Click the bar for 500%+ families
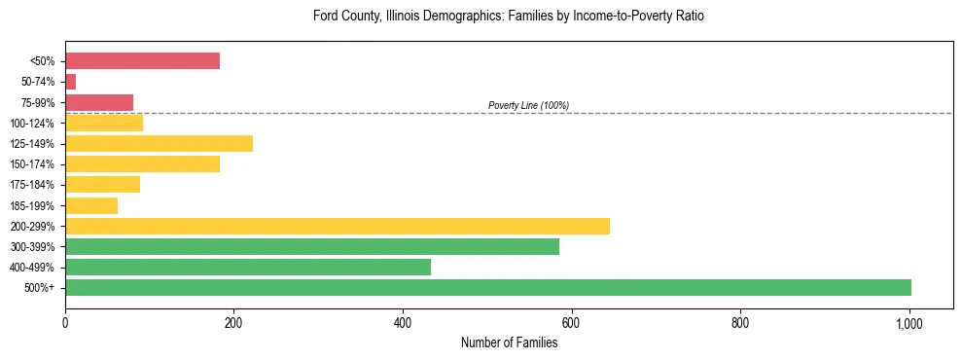click(487, 287)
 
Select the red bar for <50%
click(142, 61)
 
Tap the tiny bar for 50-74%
click(70, 82)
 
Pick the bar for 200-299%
click(337, 226)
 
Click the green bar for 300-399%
click(311, 246)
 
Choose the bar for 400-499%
click(247, 267)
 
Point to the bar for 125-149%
click(159, 143)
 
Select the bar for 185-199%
click(91, 205)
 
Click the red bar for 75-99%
click(99, 102)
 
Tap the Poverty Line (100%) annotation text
click(528, 105)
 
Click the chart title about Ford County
click(508, 17)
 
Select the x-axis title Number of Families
click(509, 342)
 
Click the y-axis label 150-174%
click(32, 164)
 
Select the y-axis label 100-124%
click(32, 124)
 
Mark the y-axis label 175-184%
click(32, 185)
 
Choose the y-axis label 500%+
click(39, 288)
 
